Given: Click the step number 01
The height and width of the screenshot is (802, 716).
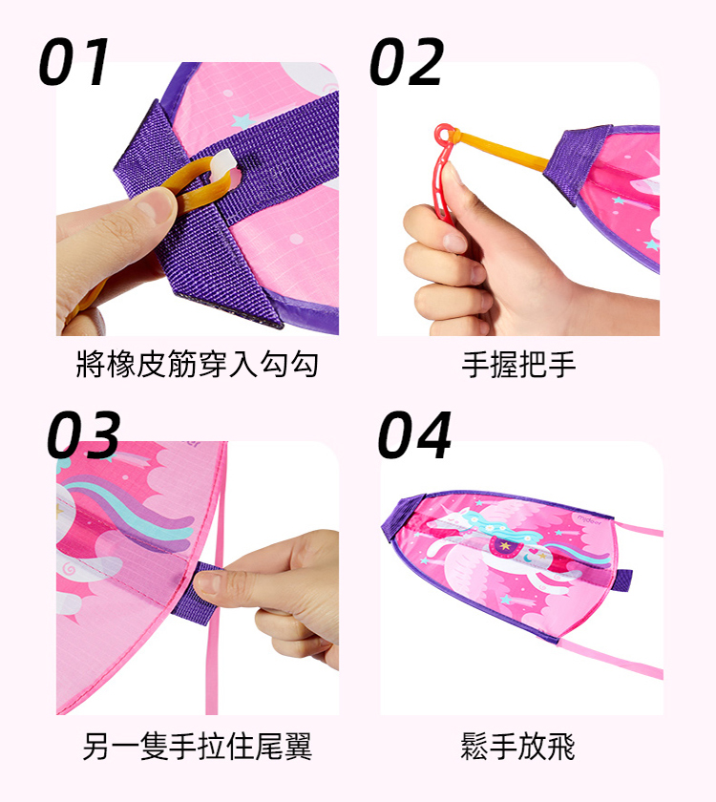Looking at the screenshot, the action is click(x=74, y=61).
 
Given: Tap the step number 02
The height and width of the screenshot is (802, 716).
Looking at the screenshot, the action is click(x=407, y=61).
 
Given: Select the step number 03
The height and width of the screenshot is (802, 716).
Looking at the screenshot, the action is click(x=83, y=434).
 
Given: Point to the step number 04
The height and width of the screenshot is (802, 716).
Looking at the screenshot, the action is click(x=414, y=434).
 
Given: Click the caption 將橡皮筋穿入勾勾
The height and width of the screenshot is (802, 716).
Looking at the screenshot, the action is click(x=198, y=364).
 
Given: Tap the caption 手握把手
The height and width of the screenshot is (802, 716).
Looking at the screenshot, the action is click(x=518, y=364).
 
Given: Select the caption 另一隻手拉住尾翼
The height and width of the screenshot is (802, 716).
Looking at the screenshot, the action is click(x=198, y=747).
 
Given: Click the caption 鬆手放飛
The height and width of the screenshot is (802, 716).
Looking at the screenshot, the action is click(x=517, y=747).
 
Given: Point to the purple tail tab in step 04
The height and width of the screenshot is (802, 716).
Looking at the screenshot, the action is click(x=624, y=580).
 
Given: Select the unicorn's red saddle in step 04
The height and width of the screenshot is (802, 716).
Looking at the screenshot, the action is click(x=505, y=547).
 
